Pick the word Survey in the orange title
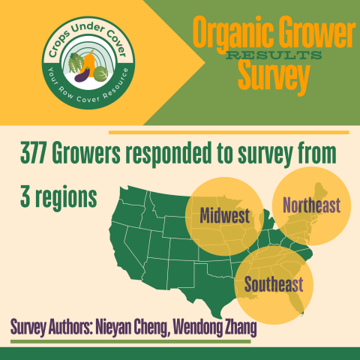click(274, 76)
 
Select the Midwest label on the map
click(224, 217)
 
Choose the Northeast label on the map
click(310, 204)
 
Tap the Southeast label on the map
click(273, 285)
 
